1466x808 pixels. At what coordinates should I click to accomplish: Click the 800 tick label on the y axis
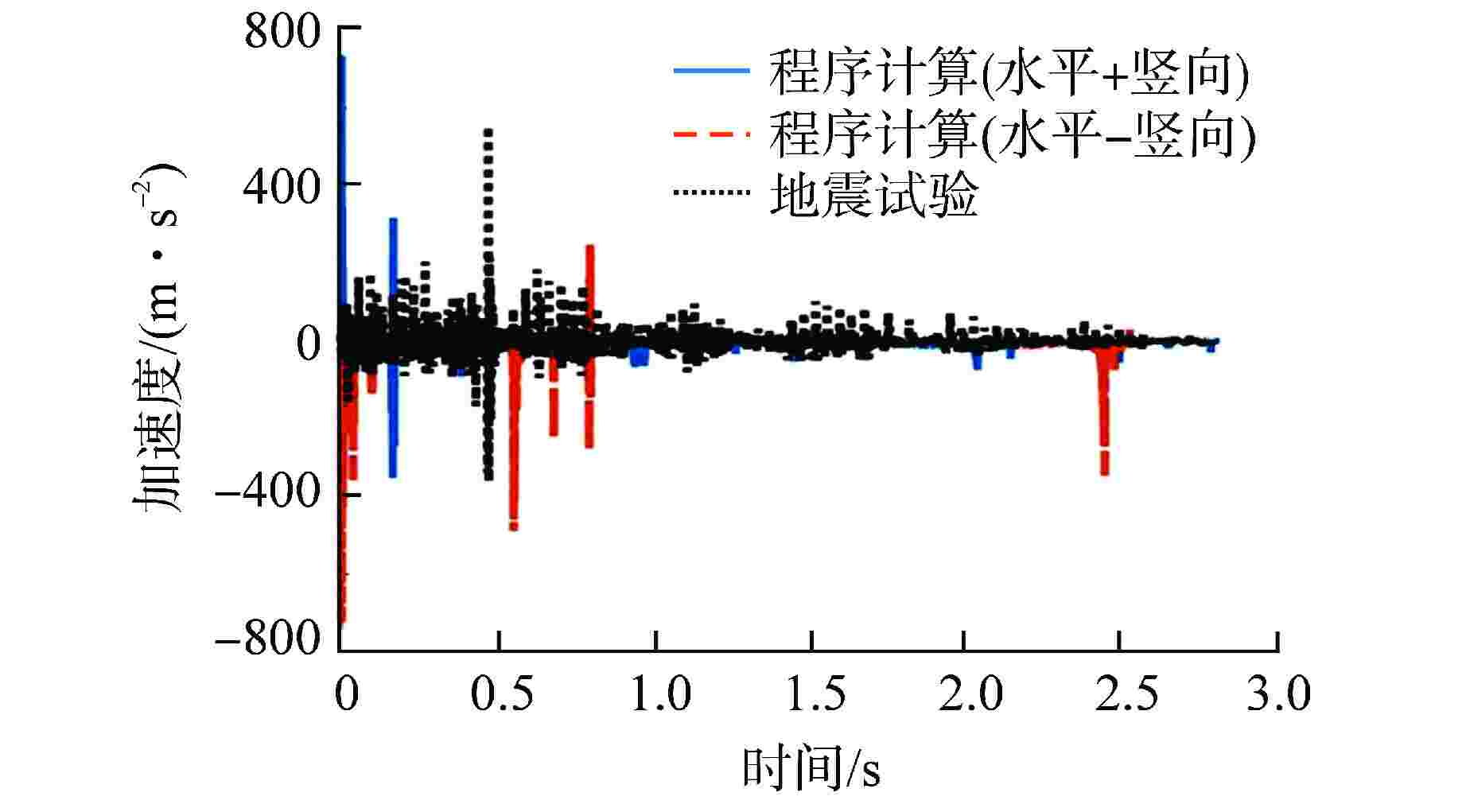coord(282,33)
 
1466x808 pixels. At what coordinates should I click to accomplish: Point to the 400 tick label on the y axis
coord(282,188)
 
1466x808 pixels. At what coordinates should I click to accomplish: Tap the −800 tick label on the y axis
coord(267,638)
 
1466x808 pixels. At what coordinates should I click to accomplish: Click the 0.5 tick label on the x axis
coord(502,694)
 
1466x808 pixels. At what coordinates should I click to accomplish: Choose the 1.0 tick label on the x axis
coord(659,694)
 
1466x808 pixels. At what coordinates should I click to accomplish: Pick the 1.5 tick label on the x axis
coord(815,694)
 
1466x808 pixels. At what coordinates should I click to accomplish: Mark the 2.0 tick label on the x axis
coord(970,694)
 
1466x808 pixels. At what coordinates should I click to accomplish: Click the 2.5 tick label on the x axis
coord(1126,694)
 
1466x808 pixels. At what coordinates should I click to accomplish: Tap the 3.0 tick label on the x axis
coord(1277,694)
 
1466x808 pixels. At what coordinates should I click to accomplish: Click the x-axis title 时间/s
coord(811,768)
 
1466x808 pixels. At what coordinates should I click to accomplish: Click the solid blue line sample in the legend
coord(711,71)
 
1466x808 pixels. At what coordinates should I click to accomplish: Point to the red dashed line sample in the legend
coord(711,134)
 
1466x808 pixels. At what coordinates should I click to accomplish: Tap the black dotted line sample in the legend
coord(711,192)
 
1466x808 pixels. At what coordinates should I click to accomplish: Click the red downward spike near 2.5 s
coord(1104,429)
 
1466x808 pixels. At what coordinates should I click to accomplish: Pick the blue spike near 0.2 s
coord(393,262)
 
